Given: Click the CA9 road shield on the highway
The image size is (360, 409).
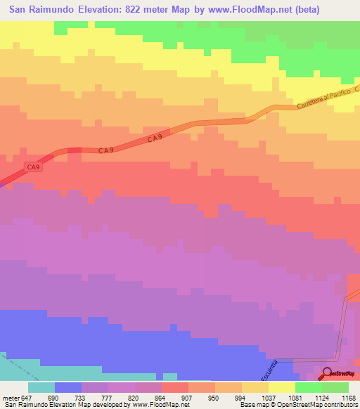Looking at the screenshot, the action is pyautogui.click(x=33, y=167).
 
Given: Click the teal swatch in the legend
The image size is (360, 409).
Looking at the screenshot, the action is pyautogui.click(x=41, y=387).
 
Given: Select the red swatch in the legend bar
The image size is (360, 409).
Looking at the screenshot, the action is pyautogui.click(x=175, y=387).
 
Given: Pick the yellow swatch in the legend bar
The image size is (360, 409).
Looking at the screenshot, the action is pyautogui.click(x=282, y=387).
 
